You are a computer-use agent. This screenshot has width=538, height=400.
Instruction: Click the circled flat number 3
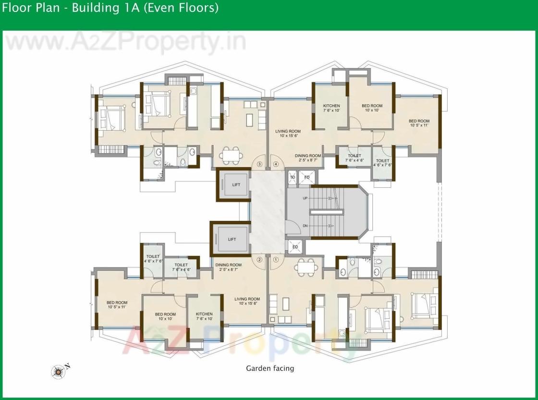260,164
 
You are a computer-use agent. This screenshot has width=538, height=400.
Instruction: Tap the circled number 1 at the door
276,260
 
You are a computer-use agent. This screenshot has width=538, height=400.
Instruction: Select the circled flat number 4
276,164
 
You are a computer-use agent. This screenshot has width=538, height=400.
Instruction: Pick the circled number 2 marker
260,260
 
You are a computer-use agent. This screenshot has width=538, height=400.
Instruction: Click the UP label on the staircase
305,198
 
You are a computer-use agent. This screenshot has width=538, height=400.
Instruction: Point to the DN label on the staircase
305,226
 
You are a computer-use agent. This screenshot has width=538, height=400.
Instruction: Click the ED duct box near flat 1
295,247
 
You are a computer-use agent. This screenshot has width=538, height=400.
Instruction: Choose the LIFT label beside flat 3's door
233,184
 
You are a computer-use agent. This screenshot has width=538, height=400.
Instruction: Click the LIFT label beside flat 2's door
232,239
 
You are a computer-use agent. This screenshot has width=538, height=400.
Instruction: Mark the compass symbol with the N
59,370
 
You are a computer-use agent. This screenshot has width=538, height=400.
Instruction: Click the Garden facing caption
269,368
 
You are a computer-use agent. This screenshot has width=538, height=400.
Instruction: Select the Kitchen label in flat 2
204,316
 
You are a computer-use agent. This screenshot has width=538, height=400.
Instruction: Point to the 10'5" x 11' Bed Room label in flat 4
419,123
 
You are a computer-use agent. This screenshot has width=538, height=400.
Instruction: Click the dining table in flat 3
233,155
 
